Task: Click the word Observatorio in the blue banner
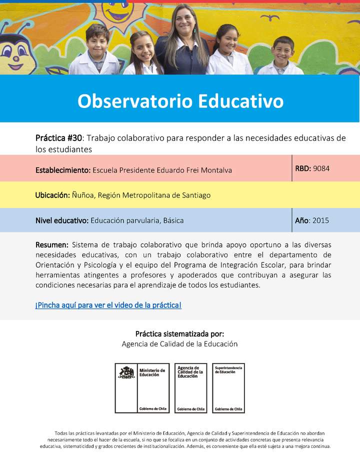coord(134,101)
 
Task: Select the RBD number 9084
coord(321,168)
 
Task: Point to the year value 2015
coord(320,220)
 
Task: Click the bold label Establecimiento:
coord(63,170)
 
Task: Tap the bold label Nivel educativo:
coord(62,220)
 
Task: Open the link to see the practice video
coord(108,304)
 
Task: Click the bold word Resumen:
coord(52,245)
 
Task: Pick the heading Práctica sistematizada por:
coord(179,333)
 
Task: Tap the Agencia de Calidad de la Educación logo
coord(190,388)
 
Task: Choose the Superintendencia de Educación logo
coord(228,388)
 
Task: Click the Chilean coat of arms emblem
coord(126,372)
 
